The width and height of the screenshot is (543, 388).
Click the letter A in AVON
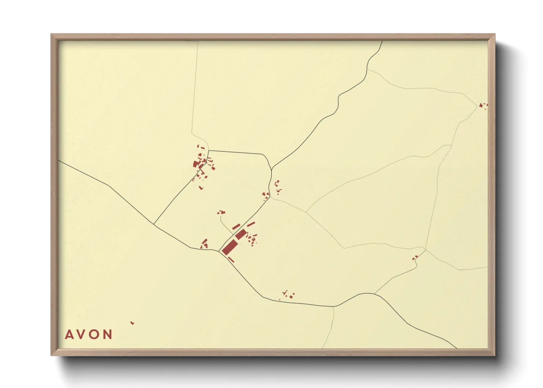[x=69, y=334]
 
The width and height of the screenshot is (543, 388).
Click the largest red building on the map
[x=229, y=247]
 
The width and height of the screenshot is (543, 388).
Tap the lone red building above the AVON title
[x=132, y=323]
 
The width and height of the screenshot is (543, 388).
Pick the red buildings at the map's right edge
[x=482, y=106]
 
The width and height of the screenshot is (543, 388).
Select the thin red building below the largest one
[x=231, y=260]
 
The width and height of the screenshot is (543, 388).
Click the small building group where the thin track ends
[x=221, y=212]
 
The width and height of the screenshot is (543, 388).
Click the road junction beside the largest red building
[x=219, y=251]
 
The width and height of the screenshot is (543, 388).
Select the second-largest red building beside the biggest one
[x=241, y=234]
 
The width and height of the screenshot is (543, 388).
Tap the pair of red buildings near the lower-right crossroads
[x=415, y=257]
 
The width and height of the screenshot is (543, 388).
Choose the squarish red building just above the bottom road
[x=291, y=296]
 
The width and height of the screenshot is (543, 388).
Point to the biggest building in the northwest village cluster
[x=196, y=164]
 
